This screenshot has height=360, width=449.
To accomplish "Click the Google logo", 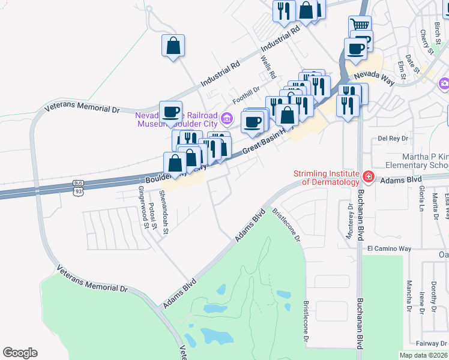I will point(20,353).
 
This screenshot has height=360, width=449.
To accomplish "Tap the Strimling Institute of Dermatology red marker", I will point(368,178).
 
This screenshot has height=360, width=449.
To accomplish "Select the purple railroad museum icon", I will point(226,118).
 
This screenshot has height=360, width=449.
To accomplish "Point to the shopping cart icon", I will point(360,25).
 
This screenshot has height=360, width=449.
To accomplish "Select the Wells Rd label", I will point(268,68).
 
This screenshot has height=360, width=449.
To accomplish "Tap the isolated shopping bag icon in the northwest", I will point(173,46).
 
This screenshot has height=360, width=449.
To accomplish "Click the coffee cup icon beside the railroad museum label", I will point(170,112).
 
